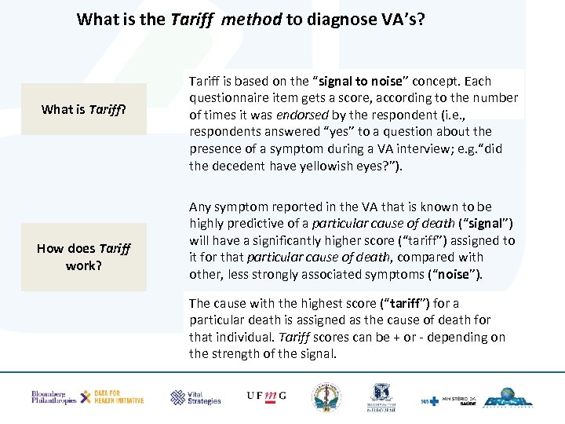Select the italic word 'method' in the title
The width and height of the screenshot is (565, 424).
(x=251, y=19)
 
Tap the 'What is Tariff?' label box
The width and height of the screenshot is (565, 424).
(x=83, y=109)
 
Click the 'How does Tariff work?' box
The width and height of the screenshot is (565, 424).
(x=83, y=257)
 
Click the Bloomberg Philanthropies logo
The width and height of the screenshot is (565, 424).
(x=53, y=397)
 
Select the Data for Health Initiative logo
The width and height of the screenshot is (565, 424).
(x=114, y=397)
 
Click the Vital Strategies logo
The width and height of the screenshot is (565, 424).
(x=196, y=397)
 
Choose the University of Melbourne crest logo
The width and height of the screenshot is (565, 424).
(x=381, y=397)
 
